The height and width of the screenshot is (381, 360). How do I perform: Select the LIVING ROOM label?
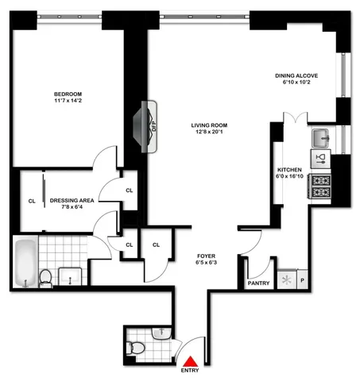coord(209,125)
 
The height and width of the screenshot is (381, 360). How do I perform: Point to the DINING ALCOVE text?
coord(296,75)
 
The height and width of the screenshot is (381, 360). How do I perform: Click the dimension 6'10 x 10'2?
coord(296,83)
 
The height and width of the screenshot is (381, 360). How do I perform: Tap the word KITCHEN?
coord(288,171)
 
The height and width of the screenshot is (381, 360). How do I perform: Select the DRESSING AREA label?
coord(72,200)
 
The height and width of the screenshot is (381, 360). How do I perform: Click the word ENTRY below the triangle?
coord(190,371)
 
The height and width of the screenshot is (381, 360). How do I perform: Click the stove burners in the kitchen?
coord(320,186)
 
